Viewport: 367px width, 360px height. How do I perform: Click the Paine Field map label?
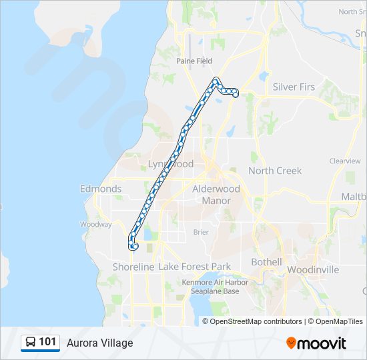pyautogui.click(x=194, y=61)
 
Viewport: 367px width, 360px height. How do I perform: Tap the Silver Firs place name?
pyautogui.click(x=294, y=87)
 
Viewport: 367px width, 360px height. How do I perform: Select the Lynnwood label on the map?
pyautogui.click(x=171, y=164)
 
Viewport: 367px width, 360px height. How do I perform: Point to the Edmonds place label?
pyautogui.click(x=101, y=189)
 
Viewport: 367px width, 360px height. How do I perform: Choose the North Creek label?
pyautogui.click(x=275, y=171)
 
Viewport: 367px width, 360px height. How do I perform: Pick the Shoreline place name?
pyautogui.click(x=133, y=267)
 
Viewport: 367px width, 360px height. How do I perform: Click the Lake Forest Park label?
pyautogui.click(x=195, y=267)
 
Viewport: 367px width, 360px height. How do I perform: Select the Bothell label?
pyautogui.click(x=266, y=262)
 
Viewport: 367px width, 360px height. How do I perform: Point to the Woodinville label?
pyautogui.click(x=313, y=270)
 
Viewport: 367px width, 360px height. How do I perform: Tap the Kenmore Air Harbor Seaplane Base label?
pyautogui.click(x=215, y=287)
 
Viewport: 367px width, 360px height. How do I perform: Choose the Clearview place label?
pyautogui.click(x=345, y=161)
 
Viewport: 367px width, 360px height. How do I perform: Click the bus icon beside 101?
pyautogui.click(x=31, y=342)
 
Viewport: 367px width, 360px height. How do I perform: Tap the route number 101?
pyautogui.click(x=47, y=342)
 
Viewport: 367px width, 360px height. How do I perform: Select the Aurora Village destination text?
pyautogui.click(x=100, y=343)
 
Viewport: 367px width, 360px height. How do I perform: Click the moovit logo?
pyautogui.click(x=316, y=343)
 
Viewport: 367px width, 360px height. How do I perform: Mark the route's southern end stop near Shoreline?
pyautogui.click(x=135, y=247)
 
